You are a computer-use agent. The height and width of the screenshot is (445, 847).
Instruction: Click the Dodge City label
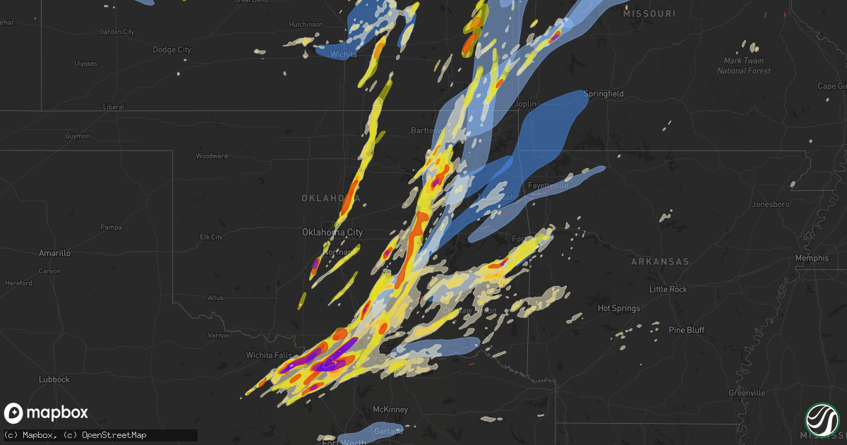(x=172, y=49)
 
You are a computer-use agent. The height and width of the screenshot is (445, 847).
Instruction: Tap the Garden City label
(x=116, y=32)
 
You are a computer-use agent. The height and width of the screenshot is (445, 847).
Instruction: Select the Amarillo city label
(x=54, y=253)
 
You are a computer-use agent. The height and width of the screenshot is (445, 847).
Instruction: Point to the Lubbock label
(x=54, y=379)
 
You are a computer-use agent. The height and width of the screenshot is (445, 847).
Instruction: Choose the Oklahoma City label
(x=332, y=232)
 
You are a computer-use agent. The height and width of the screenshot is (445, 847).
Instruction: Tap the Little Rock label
(x=668, y=290)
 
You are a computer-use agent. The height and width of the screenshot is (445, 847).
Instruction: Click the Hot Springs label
(x=618, y=308)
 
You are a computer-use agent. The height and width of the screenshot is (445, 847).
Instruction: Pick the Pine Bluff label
(x=686, y=330)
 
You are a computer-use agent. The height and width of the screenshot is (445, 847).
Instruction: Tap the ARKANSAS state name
(x=659, y=261)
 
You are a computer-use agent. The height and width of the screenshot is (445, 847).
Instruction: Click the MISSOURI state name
(x=650, y=13)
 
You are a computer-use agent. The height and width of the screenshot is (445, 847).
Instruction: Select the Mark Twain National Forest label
(x=744, y=66)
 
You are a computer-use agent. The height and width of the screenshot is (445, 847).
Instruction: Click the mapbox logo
(x=47, y=413)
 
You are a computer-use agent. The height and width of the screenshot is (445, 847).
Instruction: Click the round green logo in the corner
(x=823, y=420)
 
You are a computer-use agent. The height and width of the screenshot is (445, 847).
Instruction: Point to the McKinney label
(x=390, y=410)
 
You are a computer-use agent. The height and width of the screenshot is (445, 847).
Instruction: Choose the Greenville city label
(x=747, y=393)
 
